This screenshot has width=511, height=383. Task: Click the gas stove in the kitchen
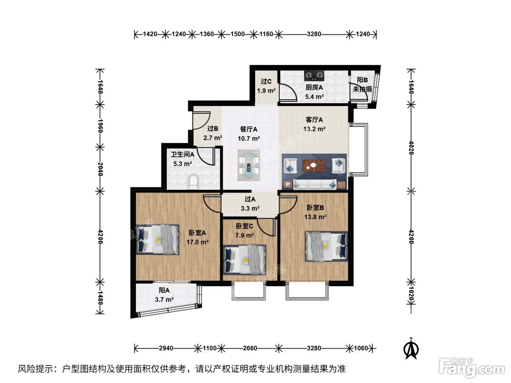314,76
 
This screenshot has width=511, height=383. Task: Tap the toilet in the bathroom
193,182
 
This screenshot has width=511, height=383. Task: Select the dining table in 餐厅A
249,165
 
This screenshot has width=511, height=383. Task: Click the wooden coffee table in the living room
314,166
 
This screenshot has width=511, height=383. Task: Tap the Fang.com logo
471,367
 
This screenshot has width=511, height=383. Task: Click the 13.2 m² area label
314,129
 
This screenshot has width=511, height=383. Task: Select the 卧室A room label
197,233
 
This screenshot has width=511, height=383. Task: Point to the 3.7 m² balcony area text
164,299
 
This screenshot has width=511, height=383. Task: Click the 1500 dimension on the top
238,34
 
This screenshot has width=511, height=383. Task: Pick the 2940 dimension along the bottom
166,348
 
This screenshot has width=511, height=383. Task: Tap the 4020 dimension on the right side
411,148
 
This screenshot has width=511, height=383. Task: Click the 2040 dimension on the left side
100,169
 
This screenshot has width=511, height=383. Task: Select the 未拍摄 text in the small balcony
362,89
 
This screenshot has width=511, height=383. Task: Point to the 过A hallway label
250,199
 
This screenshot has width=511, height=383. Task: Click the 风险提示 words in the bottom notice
36,369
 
